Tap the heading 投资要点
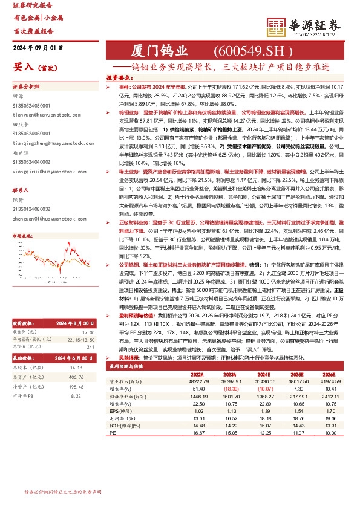120,78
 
